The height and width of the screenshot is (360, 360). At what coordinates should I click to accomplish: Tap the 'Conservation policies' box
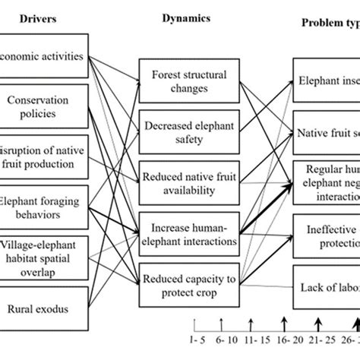pyautogui.click(x=44, y=106)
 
